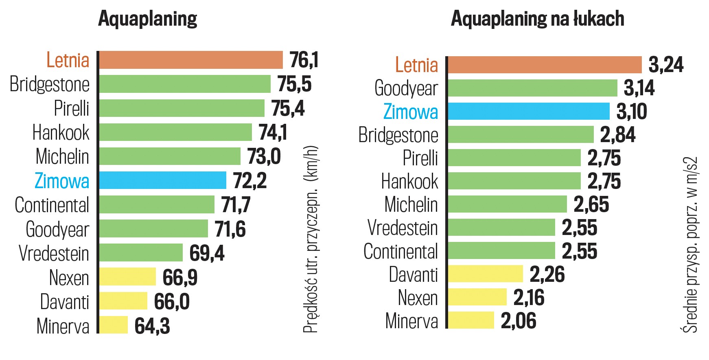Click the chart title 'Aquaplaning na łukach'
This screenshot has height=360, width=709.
537,19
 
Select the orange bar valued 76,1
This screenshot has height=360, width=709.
191,60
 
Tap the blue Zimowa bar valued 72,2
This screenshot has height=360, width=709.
163,180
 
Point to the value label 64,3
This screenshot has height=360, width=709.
152,326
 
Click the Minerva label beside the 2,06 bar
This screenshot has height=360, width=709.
411,321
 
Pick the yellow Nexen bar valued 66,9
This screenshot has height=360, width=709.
127,277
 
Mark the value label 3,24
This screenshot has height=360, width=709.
666,65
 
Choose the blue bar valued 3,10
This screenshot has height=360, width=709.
529,111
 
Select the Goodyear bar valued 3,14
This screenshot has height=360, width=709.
532,88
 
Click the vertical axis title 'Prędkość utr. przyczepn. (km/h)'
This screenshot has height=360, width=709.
311,239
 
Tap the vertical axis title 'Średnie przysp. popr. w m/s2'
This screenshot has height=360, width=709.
690,244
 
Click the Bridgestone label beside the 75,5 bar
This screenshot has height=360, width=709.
50,84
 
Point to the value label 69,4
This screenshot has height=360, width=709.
207,253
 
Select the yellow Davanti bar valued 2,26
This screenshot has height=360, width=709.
485,274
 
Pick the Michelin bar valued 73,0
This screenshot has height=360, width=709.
170,156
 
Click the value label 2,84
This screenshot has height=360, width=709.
617,135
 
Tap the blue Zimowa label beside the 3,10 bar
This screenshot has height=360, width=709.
411,112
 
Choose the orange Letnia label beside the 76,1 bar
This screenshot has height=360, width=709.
68,60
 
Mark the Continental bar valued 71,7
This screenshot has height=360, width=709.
157,204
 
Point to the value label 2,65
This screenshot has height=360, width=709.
591,204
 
